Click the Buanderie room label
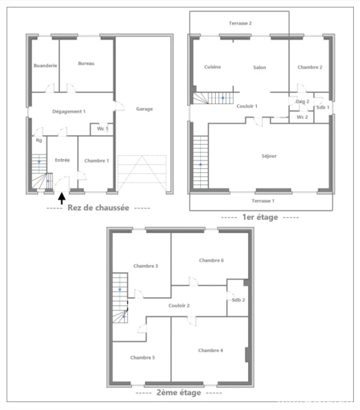click(x=45, y=66)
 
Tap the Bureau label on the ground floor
click(x=86, y=64)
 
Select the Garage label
click(x=144, y=109)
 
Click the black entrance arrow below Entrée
click(x=61, y=198)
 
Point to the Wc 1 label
click(x=102, y=128)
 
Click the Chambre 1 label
click(x=96, y=161)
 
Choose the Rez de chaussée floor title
click(x=98, y=208)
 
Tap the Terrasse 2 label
click(x=240, y=23)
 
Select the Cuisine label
click(x=212, y=67)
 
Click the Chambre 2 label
click(x=310, y=67)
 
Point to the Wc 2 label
click(x=302, y=117)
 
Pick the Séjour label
click(x=269, y=156)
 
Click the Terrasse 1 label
click(x=263, y=201)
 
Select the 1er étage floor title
click(x=260, y=217)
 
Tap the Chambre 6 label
click(x=211, y=260)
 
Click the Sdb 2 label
click(x=238, y=300)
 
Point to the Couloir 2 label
click(x=179, y=305)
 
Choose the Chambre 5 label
click(x=143, y=357)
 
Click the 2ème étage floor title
click(x=179, y=392)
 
